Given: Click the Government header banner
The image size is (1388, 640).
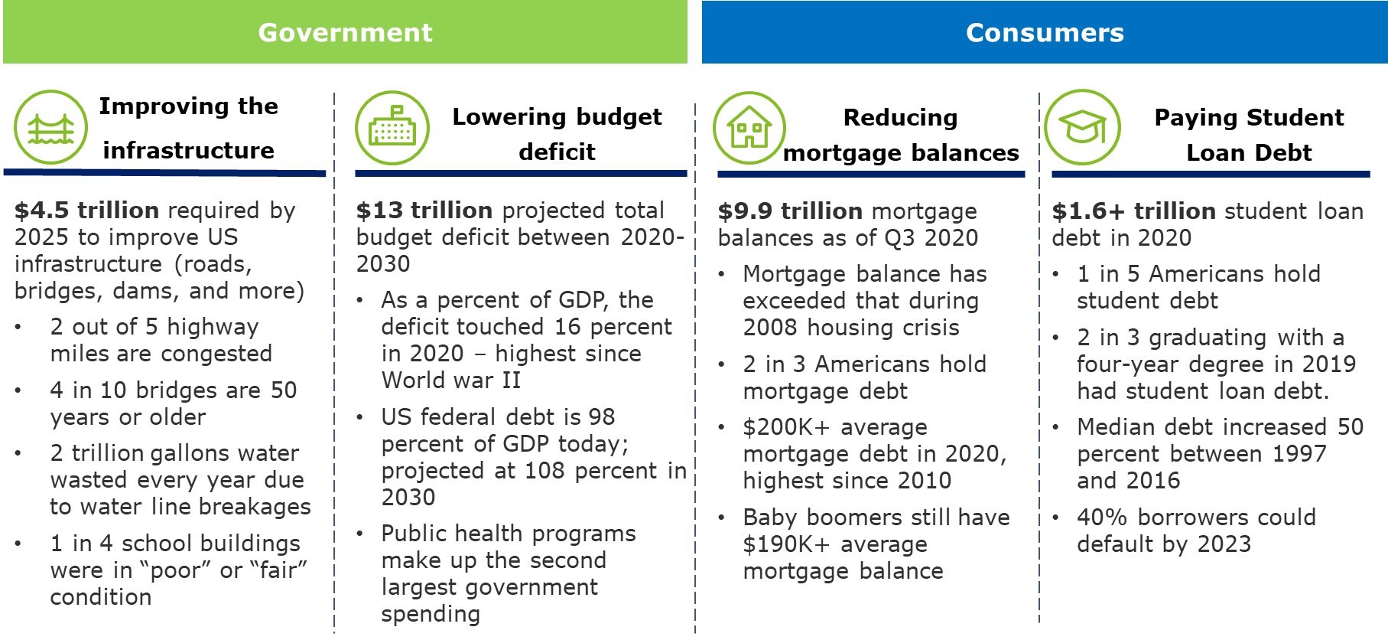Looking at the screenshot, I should point(345,32).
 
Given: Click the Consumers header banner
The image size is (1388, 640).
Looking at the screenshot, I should point(1045,32).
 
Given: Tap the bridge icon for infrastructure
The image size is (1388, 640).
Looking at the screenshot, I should point(50,127).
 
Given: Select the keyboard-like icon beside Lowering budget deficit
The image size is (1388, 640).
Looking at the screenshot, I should point(392,128).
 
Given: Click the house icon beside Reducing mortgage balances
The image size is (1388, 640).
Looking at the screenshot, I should point(749,128).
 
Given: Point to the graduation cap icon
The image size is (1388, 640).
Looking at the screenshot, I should point(1082,127).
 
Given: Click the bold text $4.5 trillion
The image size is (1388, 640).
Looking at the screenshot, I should point(86,211).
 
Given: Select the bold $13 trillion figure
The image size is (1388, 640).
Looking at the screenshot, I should point(424,211).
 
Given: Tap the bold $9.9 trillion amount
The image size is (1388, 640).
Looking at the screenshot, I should point(790,211).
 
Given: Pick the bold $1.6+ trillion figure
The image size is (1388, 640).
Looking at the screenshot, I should point(1133,211).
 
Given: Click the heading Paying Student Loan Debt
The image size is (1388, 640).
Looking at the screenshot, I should point(1248,135).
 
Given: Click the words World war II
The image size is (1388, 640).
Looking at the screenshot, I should point(450,380).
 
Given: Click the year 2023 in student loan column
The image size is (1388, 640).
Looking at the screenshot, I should point(1224,544).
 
